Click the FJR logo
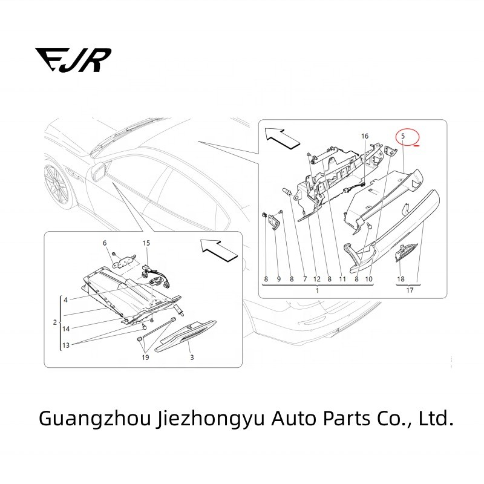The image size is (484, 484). (x=73, y=60)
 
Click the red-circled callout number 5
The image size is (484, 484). (x=403, y=136)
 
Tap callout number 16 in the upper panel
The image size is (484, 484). (x=365, y=136)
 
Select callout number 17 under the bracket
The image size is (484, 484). (x=410, y=290)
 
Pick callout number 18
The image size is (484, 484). (x=401, y=279)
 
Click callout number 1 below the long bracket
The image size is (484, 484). (x=317, y=290)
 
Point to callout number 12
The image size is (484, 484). (x=317, y=279)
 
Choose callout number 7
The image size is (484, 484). (x=305, y=279)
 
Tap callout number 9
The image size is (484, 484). (x=279, y=279)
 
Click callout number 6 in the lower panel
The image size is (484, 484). (x=105, y=243)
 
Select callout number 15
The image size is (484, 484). (x=146, y=243)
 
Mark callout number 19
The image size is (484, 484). (x=145, y=358)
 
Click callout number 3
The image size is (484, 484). (x=192, y=358)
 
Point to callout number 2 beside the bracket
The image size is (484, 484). (x=55, y=322)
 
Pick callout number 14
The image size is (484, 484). (x=66, y=329)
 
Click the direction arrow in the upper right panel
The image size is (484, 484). (x=283, y=139)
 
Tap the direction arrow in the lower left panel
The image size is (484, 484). (x=219, y=250)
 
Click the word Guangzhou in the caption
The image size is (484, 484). (x=95, y=419)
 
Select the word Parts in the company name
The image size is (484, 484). (x=347, y=418)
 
